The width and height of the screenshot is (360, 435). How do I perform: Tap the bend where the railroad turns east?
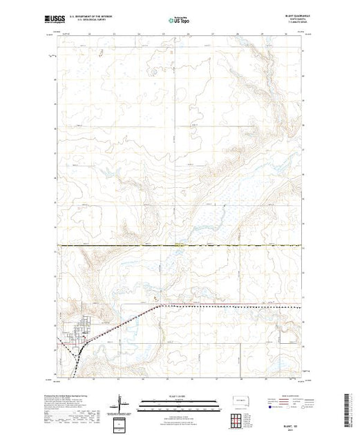click(160, 304)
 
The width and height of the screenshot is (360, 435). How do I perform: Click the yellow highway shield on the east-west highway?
click(179, 244)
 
